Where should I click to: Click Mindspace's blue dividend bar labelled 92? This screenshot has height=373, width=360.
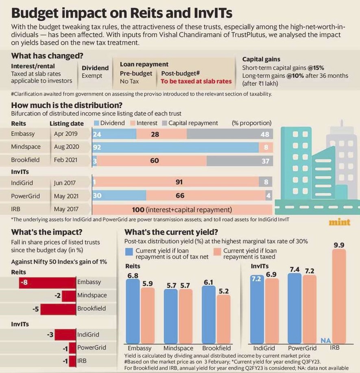175,147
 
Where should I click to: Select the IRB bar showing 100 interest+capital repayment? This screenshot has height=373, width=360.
182,210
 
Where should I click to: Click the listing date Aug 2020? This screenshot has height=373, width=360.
66,147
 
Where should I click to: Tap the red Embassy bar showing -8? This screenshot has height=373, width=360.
48,282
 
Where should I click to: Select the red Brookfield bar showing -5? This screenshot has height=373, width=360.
59,309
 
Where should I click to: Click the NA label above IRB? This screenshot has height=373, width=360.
325,340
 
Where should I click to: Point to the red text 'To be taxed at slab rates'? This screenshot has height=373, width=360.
196,81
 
